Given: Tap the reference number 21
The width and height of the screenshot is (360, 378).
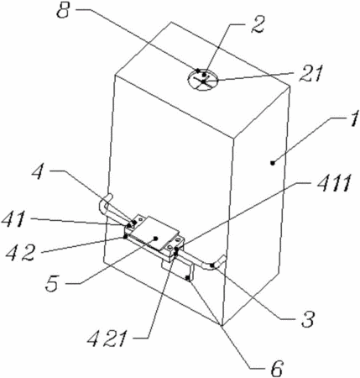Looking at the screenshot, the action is tap(311, 74).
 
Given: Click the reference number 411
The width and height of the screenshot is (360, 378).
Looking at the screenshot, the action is tap(334, 183).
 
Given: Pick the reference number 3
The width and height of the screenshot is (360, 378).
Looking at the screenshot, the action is tap(308, 319).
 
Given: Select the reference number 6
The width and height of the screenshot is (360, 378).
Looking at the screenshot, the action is tap(277, 368).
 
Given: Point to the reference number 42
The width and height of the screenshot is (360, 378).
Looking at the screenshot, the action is tap(21, 253).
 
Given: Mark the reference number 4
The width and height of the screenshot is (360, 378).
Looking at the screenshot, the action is tap(38, 171).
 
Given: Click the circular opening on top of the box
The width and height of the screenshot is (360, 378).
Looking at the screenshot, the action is tap(202, 80).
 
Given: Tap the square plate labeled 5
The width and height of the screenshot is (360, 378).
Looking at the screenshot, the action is tap(154, 234).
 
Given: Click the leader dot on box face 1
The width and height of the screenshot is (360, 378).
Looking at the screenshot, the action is tap(273, 162).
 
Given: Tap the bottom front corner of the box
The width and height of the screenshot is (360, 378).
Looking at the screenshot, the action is tap(222, 326).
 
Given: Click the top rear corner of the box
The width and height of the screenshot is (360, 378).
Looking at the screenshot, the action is tap(170, 22).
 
